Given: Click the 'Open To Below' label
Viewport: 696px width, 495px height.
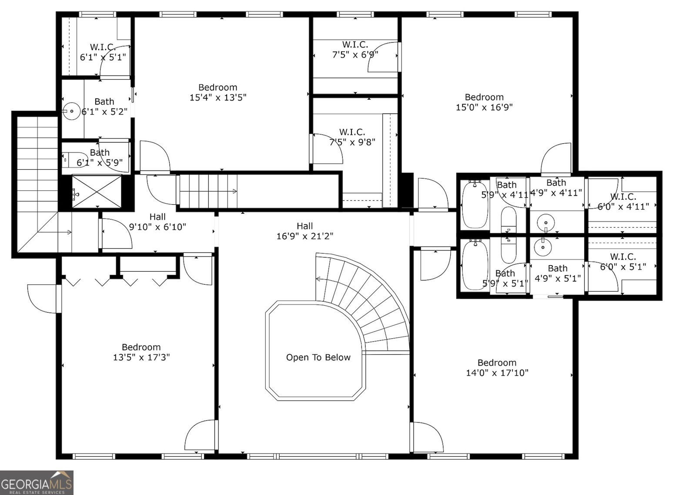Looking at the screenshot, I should (318, 357).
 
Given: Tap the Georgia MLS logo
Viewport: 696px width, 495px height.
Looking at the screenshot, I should (37, 482).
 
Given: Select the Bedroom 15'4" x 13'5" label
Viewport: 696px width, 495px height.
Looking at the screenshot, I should (217, 92).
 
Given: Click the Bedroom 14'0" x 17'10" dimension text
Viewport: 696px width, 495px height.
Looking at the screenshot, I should (497, 373).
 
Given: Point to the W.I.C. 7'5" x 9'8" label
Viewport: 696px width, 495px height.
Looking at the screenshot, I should (352, 137).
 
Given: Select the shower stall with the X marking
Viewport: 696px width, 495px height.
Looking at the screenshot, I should (97, 192).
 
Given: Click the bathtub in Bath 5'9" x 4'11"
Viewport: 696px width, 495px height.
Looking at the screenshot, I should (475, 205).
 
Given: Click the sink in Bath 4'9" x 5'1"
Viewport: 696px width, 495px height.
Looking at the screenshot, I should (543, 247).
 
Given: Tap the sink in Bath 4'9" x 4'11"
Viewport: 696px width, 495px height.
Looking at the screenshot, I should (545, 223).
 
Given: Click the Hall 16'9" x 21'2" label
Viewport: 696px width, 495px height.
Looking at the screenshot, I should (304, 231).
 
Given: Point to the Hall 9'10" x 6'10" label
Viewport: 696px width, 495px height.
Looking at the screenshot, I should (157, 222).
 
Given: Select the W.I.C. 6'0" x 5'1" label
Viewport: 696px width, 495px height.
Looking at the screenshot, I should (623, 262).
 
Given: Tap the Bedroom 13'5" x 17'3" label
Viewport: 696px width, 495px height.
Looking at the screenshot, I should (141, 352).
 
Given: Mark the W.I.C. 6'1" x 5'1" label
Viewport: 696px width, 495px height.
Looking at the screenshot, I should (103, 52).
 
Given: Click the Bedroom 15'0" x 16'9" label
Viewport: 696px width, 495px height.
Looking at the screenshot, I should (484, 102).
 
